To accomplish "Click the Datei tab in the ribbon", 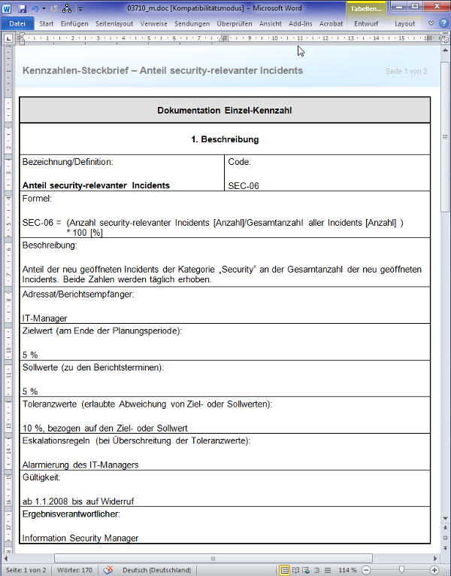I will (x=17, y=23).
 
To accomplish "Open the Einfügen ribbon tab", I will (x=74, y=23).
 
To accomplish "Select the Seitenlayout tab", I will (x=114, y=23).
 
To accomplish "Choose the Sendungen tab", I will (x=192, y=23).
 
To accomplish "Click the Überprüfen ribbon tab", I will (x=235, y=23).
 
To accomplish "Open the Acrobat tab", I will (x=331, y=23).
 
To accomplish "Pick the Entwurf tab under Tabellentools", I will (x=366, y=23).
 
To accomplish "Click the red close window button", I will (x=435, y=7).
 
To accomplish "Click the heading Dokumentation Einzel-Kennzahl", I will (x=225, y=111).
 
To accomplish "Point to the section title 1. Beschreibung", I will (x=225, y=139).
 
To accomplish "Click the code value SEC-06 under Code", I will (x=244, y=185).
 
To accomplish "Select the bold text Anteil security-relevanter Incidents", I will (x=96, y=185).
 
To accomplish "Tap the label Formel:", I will (x=37, y=199).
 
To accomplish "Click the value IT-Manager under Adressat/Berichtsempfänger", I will (x=44, y=318).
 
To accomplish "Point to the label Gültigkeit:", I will (x=41, y=477).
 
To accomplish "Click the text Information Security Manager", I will (x=80, y=538).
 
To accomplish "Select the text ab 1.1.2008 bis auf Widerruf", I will (x=78, y=501).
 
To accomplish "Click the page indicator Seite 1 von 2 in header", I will (x=406, y=72).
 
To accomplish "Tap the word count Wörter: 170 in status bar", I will (x=75, y=570).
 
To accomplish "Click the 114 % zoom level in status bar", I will (x=347, y=570).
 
